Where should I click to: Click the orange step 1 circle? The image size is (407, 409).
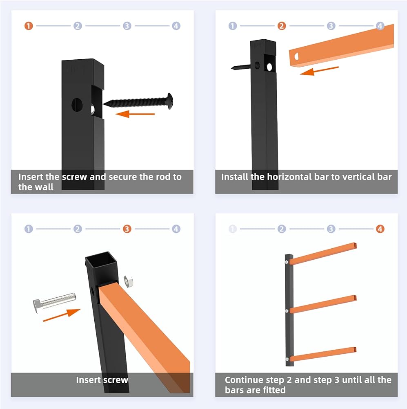[x=29, y=26]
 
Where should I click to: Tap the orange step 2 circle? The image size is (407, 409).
[x=282, y=26]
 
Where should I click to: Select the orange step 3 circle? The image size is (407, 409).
[x=127, y=229]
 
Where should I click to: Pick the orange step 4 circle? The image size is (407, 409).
[x=380, y=229]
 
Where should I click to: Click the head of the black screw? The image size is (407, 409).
[x=170, y=101]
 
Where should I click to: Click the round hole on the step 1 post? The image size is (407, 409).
[x=77, y=105]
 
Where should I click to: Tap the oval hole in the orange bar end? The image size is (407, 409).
[x=297, y=56]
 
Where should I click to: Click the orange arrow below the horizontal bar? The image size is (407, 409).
[x=319, y=71]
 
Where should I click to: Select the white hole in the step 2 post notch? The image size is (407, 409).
[x=269, y=67]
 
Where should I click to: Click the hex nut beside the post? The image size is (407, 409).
[x=128, y=281]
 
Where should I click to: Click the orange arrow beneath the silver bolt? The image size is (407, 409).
[x=62, y=315]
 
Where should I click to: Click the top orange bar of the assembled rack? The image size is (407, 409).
[x=323, y=254]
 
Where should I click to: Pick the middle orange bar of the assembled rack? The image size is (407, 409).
[x=323, y=304]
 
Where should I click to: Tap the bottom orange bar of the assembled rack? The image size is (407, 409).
[x=323, y=354]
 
